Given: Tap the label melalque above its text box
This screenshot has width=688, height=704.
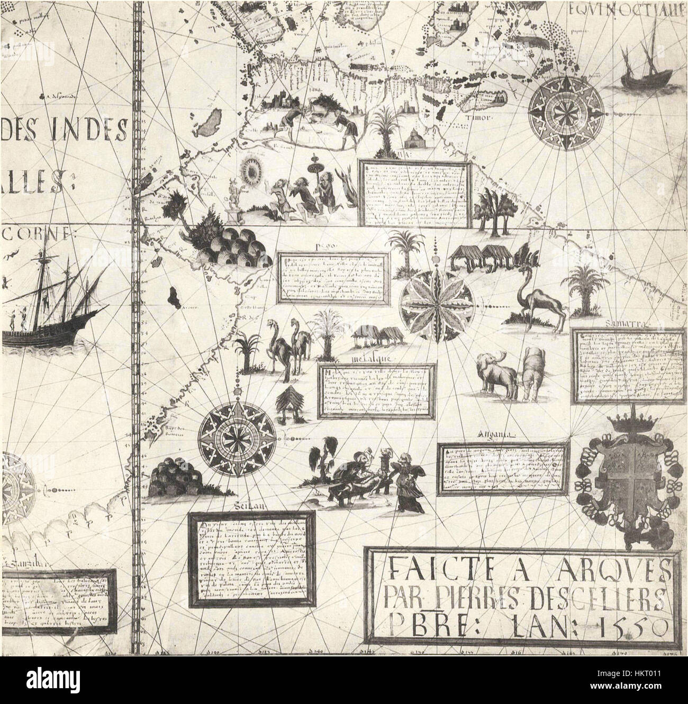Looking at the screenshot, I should (367, 358).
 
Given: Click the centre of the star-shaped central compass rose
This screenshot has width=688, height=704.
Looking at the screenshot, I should (437, 305).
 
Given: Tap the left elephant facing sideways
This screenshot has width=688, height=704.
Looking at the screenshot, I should (496, 373).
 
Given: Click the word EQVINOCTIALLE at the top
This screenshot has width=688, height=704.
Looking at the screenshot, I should (629, 9).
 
